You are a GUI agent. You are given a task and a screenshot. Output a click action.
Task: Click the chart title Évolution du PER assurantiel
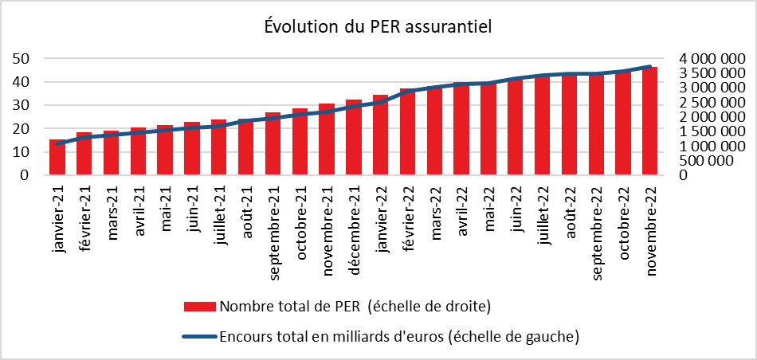(378, 27)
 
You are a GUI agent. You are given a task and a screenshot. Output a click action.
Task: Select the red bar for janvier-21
(57, 157)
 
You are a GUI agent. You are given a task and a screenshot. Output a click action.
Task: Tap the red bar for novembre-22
(650, 121)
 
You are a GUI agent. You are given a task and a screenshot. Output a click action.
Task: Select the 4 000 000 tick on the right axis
(712, 59)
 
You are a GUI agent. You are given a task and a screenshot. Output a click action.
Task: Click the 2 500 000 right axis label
(712, 103)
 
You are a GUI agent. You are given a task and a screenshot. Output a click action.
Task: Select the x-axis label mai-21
(165, 210)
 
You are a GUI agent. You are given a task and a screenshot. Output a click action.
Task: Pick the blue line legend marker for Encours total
(200, 337)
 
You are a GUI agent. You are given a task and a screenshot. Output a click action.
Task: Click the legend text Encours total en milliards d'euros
(398, 337)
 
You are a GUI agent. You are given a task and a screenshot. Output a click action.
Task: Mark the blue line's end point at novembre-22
(650, 67)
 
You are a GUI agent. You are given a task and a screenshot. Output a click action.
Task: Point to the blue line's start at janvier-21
(57, 143)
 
